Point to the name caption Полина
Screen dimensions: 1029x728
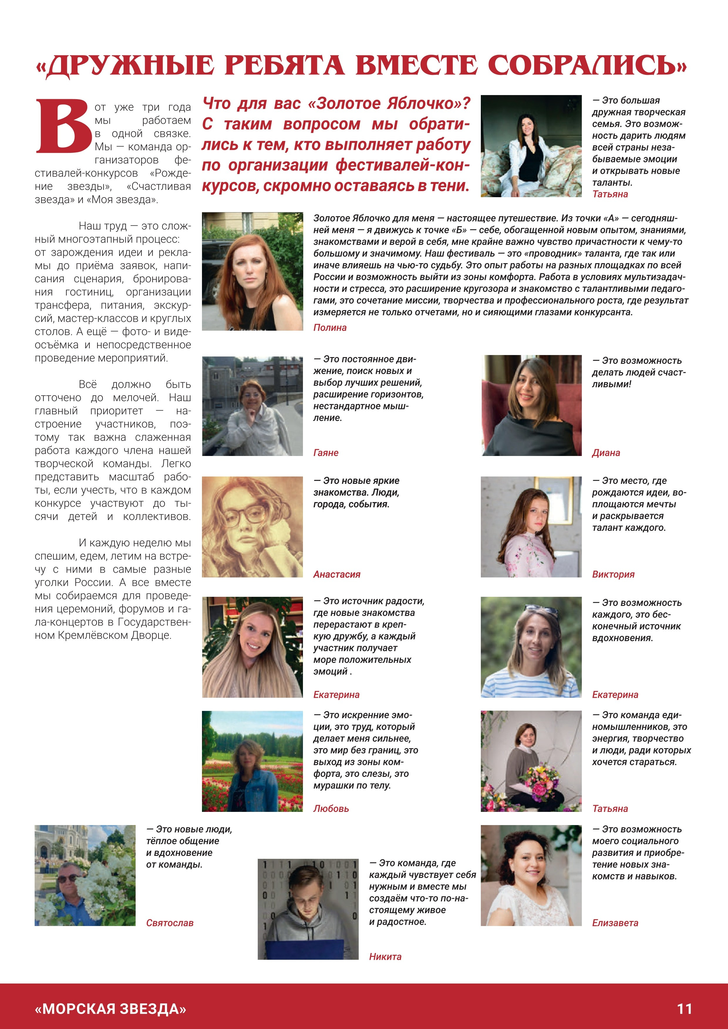(x=330, y=328)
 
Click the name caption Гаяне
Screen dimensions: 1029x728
(x=326, y=453)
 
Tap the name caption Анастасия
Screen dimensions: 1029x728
(x=337, y=575)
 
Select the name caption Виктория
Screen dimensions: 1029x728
(x=613, y=575)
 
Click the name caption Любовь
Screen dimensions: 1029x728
(x=331, y=809)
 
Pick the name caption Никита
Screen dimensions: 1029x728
(x=385, y=957)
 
